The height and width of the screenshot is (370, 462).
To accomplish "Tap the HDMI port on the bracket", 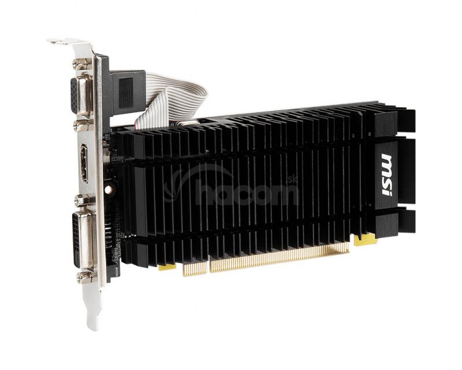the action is pos(84,163).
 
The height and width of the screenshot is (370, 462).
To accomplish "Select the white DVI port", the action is pos(83,240).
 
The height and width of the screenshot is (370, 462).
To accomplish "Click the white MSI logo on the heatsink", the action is pos(389,174).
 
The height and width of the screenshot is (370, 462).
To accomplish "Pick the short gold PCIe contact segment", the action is pos(195,268).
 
